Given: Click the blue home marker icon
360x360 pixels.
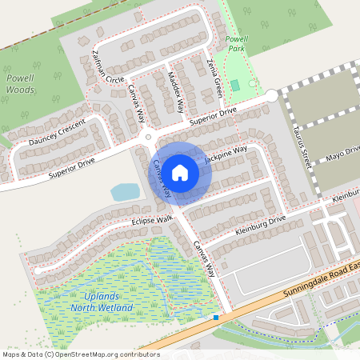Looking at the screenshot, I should [180, 173].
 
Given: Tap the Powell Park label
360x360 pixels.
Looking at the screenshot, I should [237, 43].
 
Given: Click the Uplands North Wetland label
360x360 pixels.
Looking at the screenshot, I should [93, 302].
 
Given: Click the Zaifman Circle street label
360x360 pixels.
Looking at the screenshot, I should [108, 66].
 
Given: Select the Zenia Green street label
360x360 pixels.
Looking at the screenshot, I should [215, 78].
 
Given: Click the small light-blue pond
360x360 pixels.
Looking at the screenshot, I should [125, 192].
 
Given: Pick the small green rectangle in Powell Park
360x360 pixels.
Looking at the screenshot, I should [234, 85].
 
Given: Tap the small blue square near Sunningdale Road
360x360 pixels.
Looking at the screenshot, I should [215, 318].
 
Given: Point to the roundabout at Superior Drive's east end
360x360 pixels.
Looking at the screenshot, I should [271, 95].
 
